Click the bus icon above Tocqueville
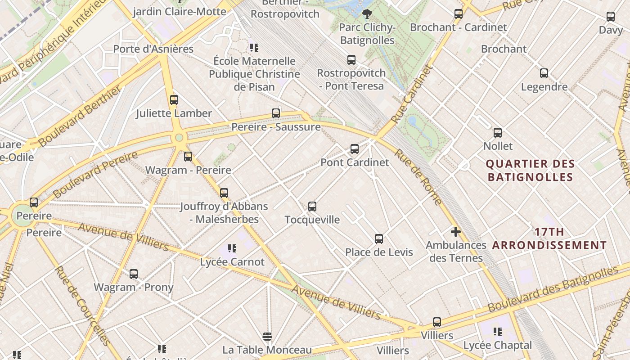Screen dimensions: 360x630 click(x=312, y=207)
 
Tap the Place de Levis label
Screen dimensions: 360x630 click(x=379, y=252)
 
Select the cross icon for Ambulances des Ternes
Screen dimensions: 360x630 click(x=455, y=232)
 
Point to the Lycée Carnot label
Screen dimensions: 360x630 click(x=232, y=261)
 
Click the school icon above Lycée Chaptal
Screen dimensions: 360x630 click(x=497, y=332)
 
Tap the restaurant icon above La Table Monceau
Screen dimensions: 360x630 click(x=267, y=336)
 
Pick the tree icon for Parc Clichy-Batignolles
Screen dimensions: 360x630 click(x=367, y=13)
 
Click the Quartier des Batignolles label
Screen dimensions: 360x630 click(x=531, y=170)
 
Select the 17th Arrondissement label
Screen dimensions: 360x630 click(x=549, y=238)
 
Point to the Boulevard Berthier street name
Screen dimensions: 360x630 click(x=80, y=117)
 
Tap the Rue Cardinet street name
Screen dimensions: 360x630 click(x=411, y=95)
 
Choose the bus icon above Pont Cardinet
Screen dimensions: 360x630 click(x=355, y=148)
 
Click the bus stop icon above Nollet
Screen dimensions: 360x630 click(x=498, y=132)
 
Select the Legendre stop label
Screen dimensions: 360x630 click(x=544, y=87)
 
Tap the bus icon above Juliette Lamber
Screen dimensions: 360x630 click(x=174, y=100)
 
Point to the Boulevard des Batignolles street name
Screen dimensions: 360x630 click(x=553, y=289)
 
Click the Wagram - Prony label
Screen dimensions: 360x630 click(x=133, y=287)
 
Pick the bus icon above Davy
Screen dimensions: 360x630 click(x=611, y=17)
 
